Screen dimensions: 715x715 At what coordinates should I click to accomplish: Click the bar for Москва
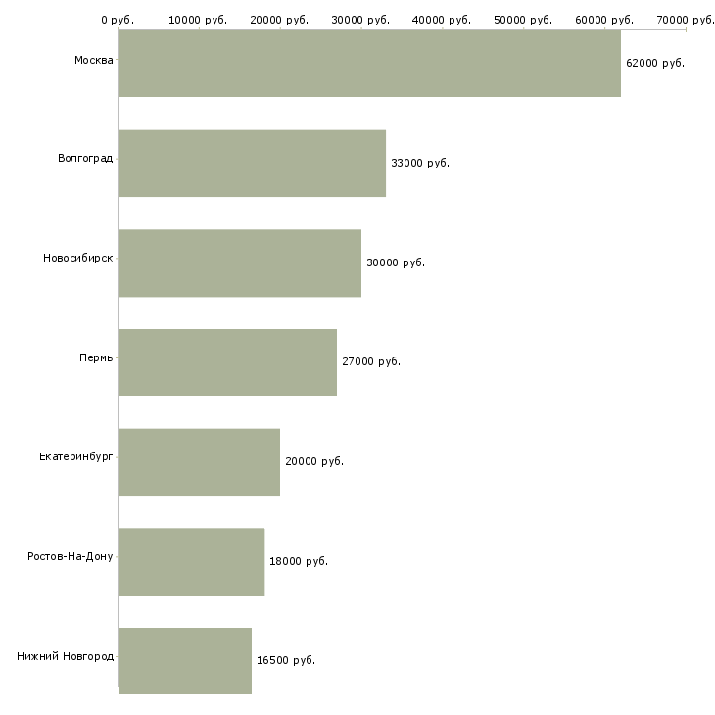point(369,63)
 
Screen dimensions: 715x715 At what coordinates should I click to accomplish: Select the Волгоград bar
point(252,163)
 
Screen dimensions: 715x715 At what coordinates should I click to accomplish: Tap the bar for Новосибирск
point(240,262)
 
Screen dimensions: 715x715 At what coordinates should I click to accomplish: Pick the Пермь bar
point(227,361)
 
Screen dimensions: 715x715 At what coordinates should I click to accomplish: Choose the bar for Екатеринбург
point(199,461)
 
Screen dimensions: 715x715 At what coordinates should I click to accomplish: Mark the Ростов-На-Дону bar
point(191,561)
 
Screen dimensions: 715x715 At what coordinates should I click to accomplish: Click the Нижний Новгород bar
point(185,660)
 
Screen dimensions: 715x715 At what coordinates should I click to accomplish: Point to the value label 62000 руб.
point(654,63)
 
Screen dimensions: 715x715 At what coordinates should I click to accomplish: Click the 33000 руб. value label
point(419,163)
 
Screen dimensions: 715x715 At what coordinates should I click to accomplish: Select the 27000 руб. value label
point(370,361)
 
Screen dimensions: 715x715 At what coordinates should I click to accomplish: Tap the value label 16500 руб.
point(285,660)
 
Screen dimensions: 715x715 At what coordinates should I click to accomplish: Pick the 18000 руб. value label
point(298,561)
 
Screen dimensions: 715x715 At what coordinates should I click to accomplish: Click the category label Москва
point(93,61)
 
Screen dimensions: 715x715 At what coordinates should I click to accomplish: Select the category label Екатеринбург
point(75,457)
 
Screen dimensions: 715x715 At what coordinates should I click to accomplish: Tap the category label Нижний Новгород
point(65,656)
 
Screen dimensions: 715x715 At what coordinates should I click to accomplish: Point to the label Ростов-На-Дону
point(70,556)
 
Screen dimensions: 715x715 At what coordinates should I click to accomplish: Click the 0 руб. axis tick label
point(118,20)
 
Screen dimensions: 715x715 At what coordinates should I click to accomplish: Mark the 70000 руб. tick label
point(685,20)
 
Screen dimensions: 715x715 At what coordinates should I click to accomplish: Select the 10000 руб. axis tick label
point(198,20)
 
